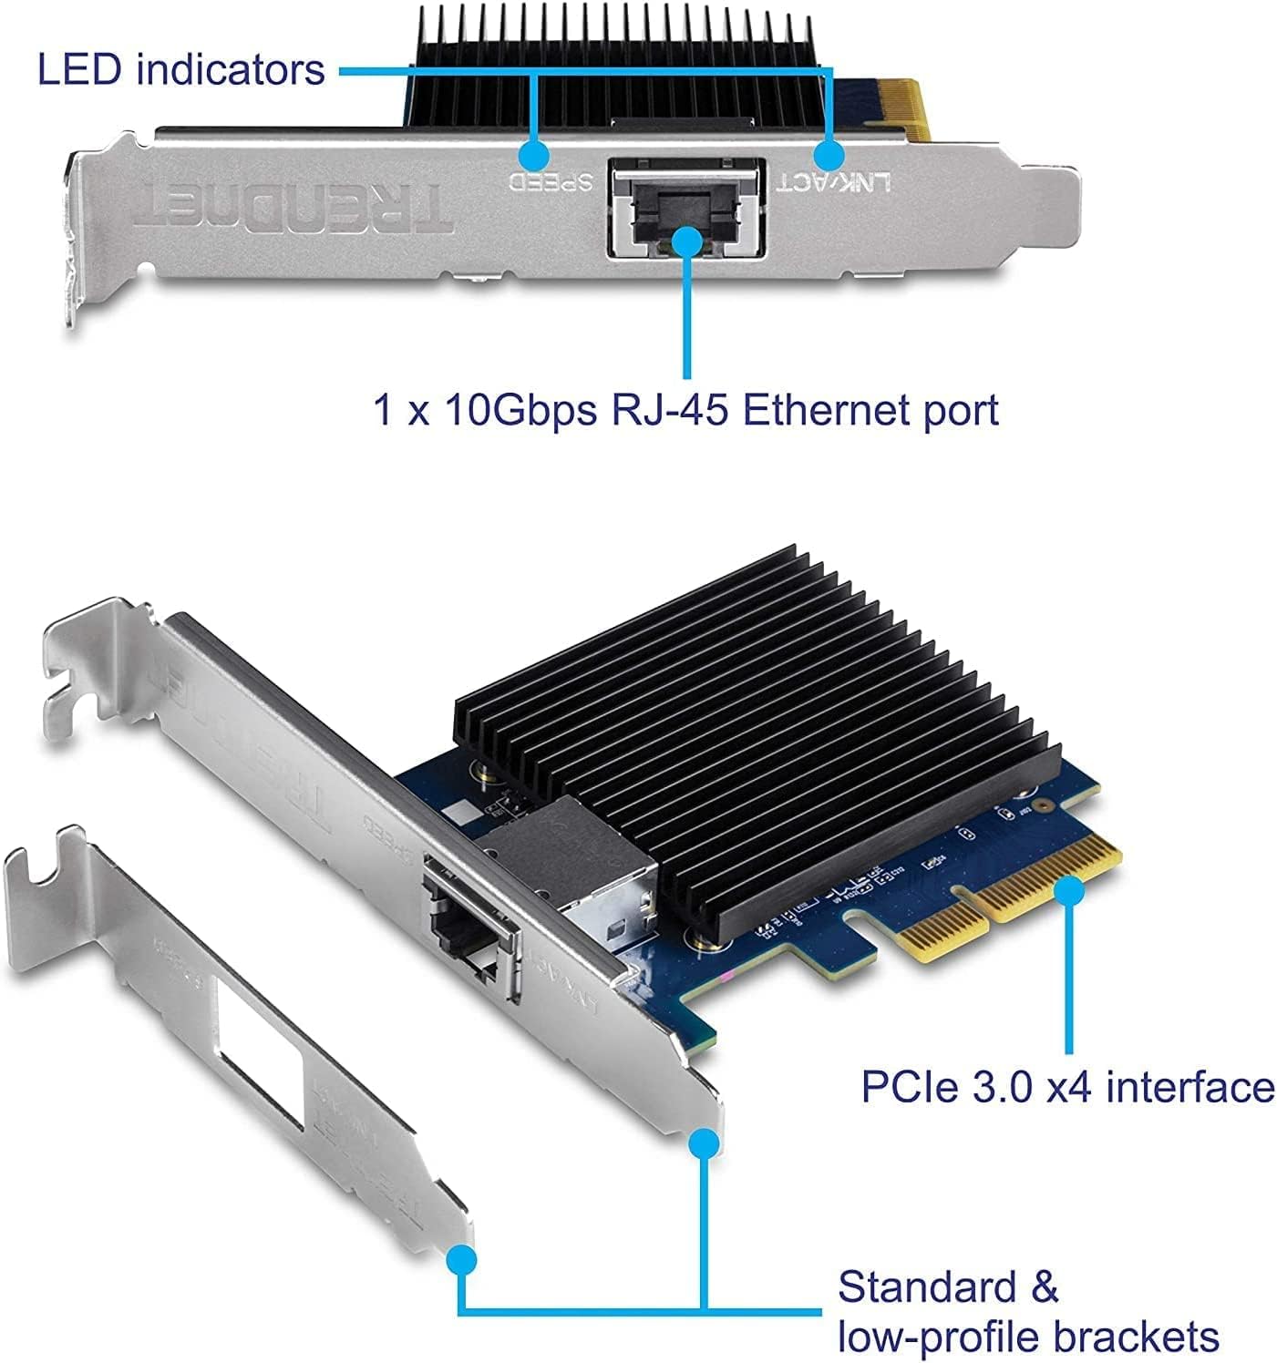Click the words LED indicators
(180, 69)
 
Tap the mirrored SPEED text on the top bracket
(551, 179)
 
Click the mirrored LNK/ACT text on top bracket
(833, 181)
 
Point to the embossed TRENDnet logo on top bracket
(292, 209)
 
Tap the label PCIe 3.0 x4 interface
(1066, 1087)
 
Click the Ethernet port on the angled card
(469, 929)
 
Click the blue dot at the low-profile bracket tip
(463, 1260)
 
